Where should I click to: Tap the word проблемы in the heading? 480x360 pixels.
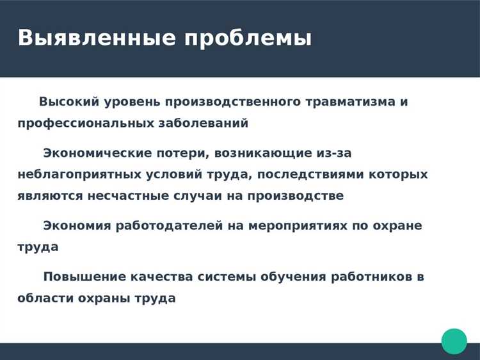coord(248,38)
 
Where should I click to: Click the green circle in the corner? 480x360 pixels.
coord(454,341)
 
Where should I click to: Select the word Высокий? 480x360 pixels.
coord(68,102)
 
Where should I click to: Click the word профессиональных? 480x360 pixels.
coord(86,123)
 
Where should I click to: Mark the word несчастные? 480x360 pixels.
coord(117,195)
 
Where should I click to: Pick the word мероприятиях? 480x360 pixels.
coord(301,225)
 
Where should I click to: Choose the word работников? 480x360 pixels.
coord(371,277)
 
